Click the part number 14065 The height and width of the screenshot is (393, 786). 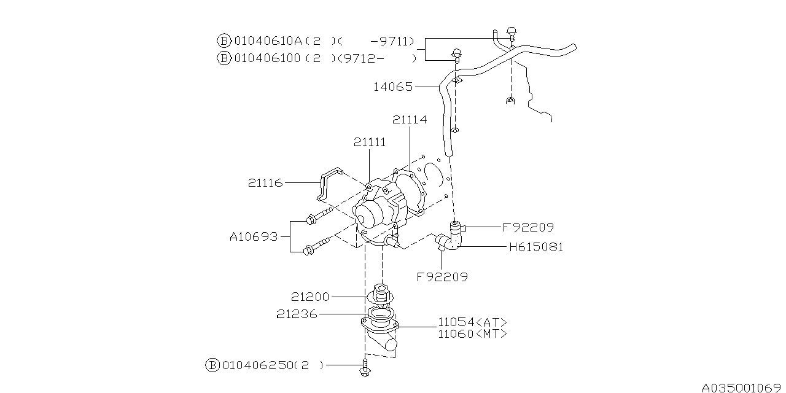point(393,87)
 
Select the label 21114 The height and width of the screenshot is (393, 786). point(410,120)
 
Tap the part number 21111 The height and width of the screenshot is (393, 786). point(370,142)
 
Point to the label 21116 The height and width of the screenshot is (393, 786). point(265,183)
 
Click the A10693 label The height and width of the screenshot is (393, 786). point(254,237)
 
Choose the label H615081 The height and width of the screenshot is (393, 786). point(536,247)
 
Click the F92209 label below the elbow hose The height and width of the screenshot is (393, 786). point(442,277)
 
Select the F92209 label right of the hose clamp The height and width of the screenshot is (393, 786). point(528,227)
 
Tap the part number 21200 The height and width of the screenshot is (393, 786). point(310,297)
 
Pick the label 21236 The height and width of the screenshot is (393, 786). point(297,314)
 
